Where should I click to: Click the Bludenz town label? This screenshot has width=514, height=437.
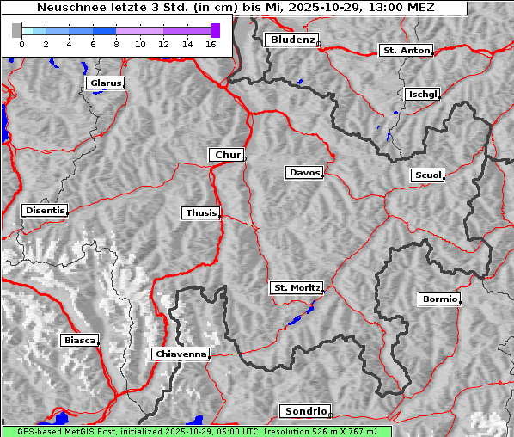tap(291, 40)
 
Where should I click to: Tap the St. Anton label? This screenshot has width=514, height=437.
tap(406, 51)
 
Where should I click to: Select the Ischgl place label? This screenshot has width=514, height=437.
tap(423, 94)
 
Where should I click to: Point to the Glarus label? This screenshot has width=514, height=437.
tap(104, 83)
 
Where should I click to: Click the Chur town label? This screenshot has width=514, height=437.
tap(226, 155)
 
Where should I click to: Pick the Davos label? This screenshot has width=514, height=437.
tap(303, 173)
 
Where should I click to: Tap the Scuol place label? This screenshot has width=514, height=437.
tap(427, 175)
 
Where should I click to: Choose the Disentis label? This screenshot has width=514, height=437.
tap(44, 211)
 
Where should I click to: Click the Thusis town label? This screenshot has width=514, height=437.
tap(201, 213)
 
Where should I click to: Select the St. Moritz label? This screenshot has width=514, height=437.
tap(296, 288)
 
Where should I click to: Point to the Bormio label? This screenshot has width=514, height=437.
tap(439, 299)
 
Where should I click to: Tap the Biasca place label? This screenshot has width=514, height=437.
tap(79, 341)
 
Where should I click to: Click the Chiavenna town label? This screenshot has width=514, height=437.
tap(181, 354)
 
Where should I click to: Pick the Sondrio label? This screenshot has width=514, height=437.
tap(304, 411)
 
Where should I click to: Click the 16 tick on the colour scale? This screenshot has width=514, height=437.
tap(211, 44)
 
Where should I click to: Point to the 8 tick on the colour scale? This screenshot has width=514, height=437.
tap(116, 44)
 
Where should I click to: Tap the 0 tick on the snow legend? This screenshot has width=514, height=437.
tap(21, 44)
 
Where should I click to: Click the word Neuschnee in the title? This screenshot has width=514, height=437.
tap(65, 8)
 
